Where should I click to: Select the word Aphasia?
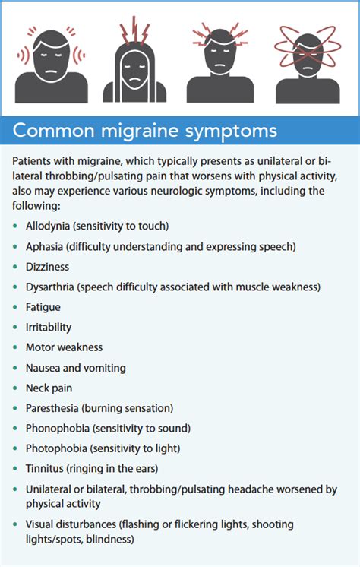48,246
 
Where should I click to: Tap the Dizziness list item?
47,267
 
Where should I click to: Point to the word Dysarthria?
52,287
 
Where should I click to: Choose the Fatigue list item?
43,307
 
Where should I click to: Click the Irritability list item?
49,327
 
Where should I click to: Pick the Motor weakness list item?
64,347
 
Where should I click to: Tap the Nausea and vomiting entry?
75,368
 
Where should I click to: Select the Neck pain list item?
49,388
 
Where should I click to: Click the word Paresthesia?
54,408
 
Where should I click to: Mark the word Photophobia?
56,448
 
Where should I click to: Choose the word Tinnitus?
46,469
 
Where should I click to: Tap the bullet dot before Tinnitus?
16,469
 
